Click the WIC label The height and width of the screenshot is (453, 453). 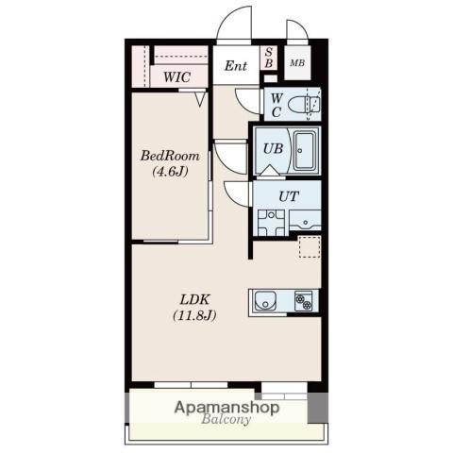176,76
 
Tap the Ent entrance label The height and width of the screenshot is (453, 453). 236,66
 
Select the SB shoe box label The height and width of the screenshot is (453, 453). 269,58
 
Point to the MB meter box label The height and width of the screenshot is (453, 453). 297,63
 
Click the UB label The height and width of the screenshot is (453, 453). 273,148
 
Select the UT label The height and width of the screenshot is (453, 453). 289,196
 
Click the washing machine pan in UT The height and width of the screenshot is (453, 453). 271,223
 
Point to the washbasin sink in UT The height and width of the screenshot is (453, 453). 305,220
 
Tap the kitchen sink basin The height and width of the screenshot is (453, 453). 265,300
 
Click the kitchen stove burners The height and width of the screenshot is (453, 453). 304,301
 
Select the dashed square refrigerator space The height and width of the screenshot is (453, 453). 310,247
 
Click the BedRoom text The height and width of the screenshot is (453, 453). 170,156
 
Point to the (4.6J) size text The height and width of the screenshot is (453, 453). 170,172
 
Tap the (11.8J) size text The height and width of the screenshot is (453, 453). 194,315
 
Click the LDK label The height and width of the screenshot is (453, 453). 194,299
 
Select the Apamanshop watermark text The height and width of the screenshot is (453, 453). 226,408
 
